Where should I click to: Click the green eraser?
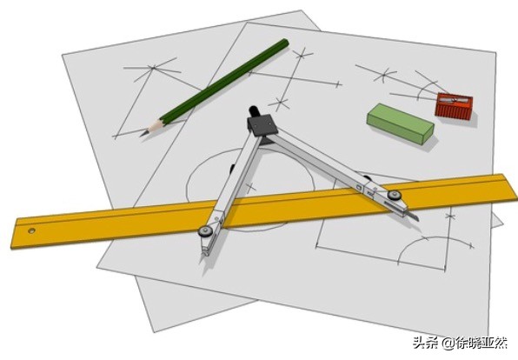click(400, 123)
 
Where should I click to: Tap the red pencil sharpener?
click(454, 106)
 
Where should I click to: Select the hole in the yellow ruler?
click(31, 230)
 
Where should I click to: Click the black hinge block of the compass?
click(262, 125)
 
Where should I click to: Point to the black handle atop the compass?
click(254, 110)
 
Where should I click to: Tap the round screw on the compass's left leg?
click(205, 230)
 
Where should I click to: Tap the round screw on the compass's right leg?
click(394, 195)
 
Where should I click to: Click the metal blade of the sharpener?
click(455, 99)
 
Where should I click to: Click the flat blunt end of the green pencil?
click(284, 43)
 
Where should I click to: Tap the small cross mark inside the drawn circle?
click(250, 189)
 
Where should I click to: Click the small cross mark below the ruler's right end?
click(449, 217)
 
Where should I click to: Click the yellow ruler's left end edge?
click(14, 233)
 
